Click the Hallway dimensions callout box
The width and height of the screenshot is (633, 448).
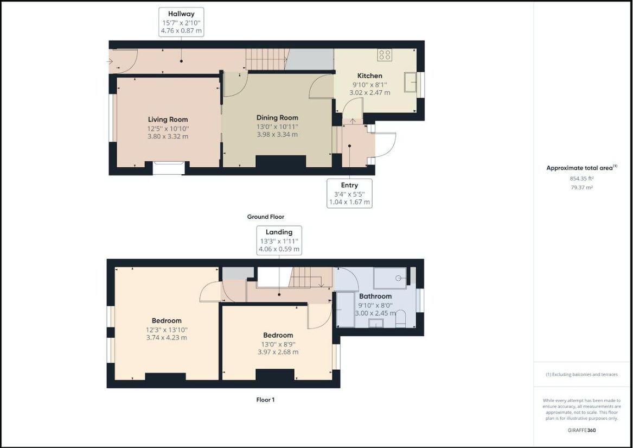(x=181, y=22)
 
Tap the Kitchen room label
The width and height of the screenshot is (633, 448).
(x=370, y=75)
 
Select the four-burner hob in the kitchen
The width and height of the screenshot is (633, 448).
(x=385, y=55)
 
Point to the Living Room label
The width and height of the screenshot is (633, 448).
(x=168, y=119)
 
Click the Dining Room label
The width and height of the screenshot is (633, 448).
(x=277, y=118)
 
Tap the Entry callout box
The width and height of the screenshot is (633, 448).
(x=350, y=194)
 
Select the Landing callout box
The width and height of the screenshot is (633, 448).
(x=279, y=240)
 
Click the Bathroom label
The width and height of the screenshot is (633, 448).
(x=375, y=296)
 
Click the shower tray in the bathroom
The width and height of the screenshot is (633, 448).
(x=390, y=278)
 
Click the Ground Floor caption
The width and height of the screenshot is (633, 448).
(x=266, y=217)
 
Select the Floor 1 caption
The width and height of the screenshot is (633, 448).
(x=266, y=400)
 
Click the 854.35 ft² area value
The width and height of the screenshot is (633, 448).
(x=581, y=178)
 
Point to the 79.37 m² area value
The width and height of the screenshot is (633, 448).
(x=581, y=187)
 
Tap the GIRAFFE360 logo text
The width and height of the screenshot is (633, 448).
(x=581, y=430)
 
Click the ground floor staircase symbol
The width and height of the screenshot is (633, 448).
(x=266, y=59)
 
